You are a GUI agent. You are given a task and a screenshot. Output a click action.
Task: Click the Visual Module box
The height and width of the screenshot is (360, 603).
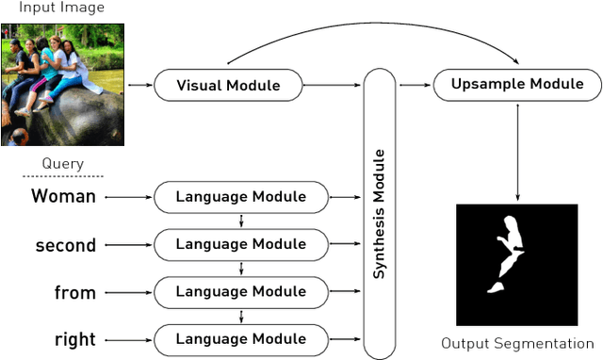click(x=228, y=86)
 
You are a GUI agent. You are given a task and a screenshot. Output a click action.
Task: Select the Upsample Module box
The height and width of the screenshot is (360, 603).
click(x=517, y=85)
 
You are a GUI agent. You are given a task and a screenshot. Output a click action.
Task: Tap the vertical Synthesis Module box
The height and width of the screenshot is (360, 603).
click(x=380, y=214)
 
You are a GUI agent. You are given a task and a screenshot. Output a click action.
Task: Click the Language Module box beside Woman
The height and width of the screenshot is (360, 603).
click(x=241, y=197)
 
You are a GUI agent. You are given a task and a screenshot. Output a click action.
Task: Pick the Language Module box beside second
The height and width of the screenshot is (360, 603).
click(x=241, y=244)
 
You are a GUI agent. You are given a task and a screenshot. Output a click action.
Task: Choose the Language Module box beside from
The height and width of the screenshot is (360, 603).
click(x=241, y=291)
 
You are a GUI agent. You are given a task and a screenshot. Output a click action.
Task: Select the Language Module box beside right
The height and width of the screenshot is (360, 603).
click(x=241, y=338)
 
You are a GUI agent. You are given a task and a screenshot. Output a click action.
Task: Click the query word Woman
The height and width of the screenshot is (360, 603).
click(x=63, y=197)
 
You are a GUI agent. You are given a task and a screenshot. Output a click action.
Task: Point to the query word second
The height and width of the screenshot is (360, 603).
click(x=65, y=245)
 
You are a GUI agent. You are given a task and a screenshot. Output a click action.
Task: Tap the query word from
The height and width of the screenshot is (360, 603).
click(x=75, y=292)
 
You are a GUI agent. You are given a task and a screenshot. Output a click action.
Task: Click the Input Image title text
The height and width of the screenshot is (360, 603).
click(x=62, y=8)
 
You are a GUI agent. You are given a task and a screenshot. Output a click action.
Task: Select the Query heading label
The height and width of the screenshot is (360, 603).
click(x=62, y=164)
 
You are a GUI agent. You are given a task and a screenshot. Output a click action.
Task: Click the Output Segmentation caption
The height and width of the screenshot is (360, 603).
click(x=517, y=343)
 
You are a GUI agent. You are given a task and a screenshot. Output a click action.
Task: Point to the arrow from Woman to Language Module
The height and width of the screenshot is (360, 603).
click(x=127, y=197)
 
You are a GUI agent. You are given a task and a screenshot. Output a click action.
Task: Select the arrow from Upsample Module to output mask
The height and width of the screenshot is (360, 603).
click(x=517, y=151)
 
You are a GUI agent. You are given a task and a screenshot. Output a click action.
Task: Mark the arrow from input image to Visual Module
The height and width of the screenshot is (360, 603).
click(x=139, y=86)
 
